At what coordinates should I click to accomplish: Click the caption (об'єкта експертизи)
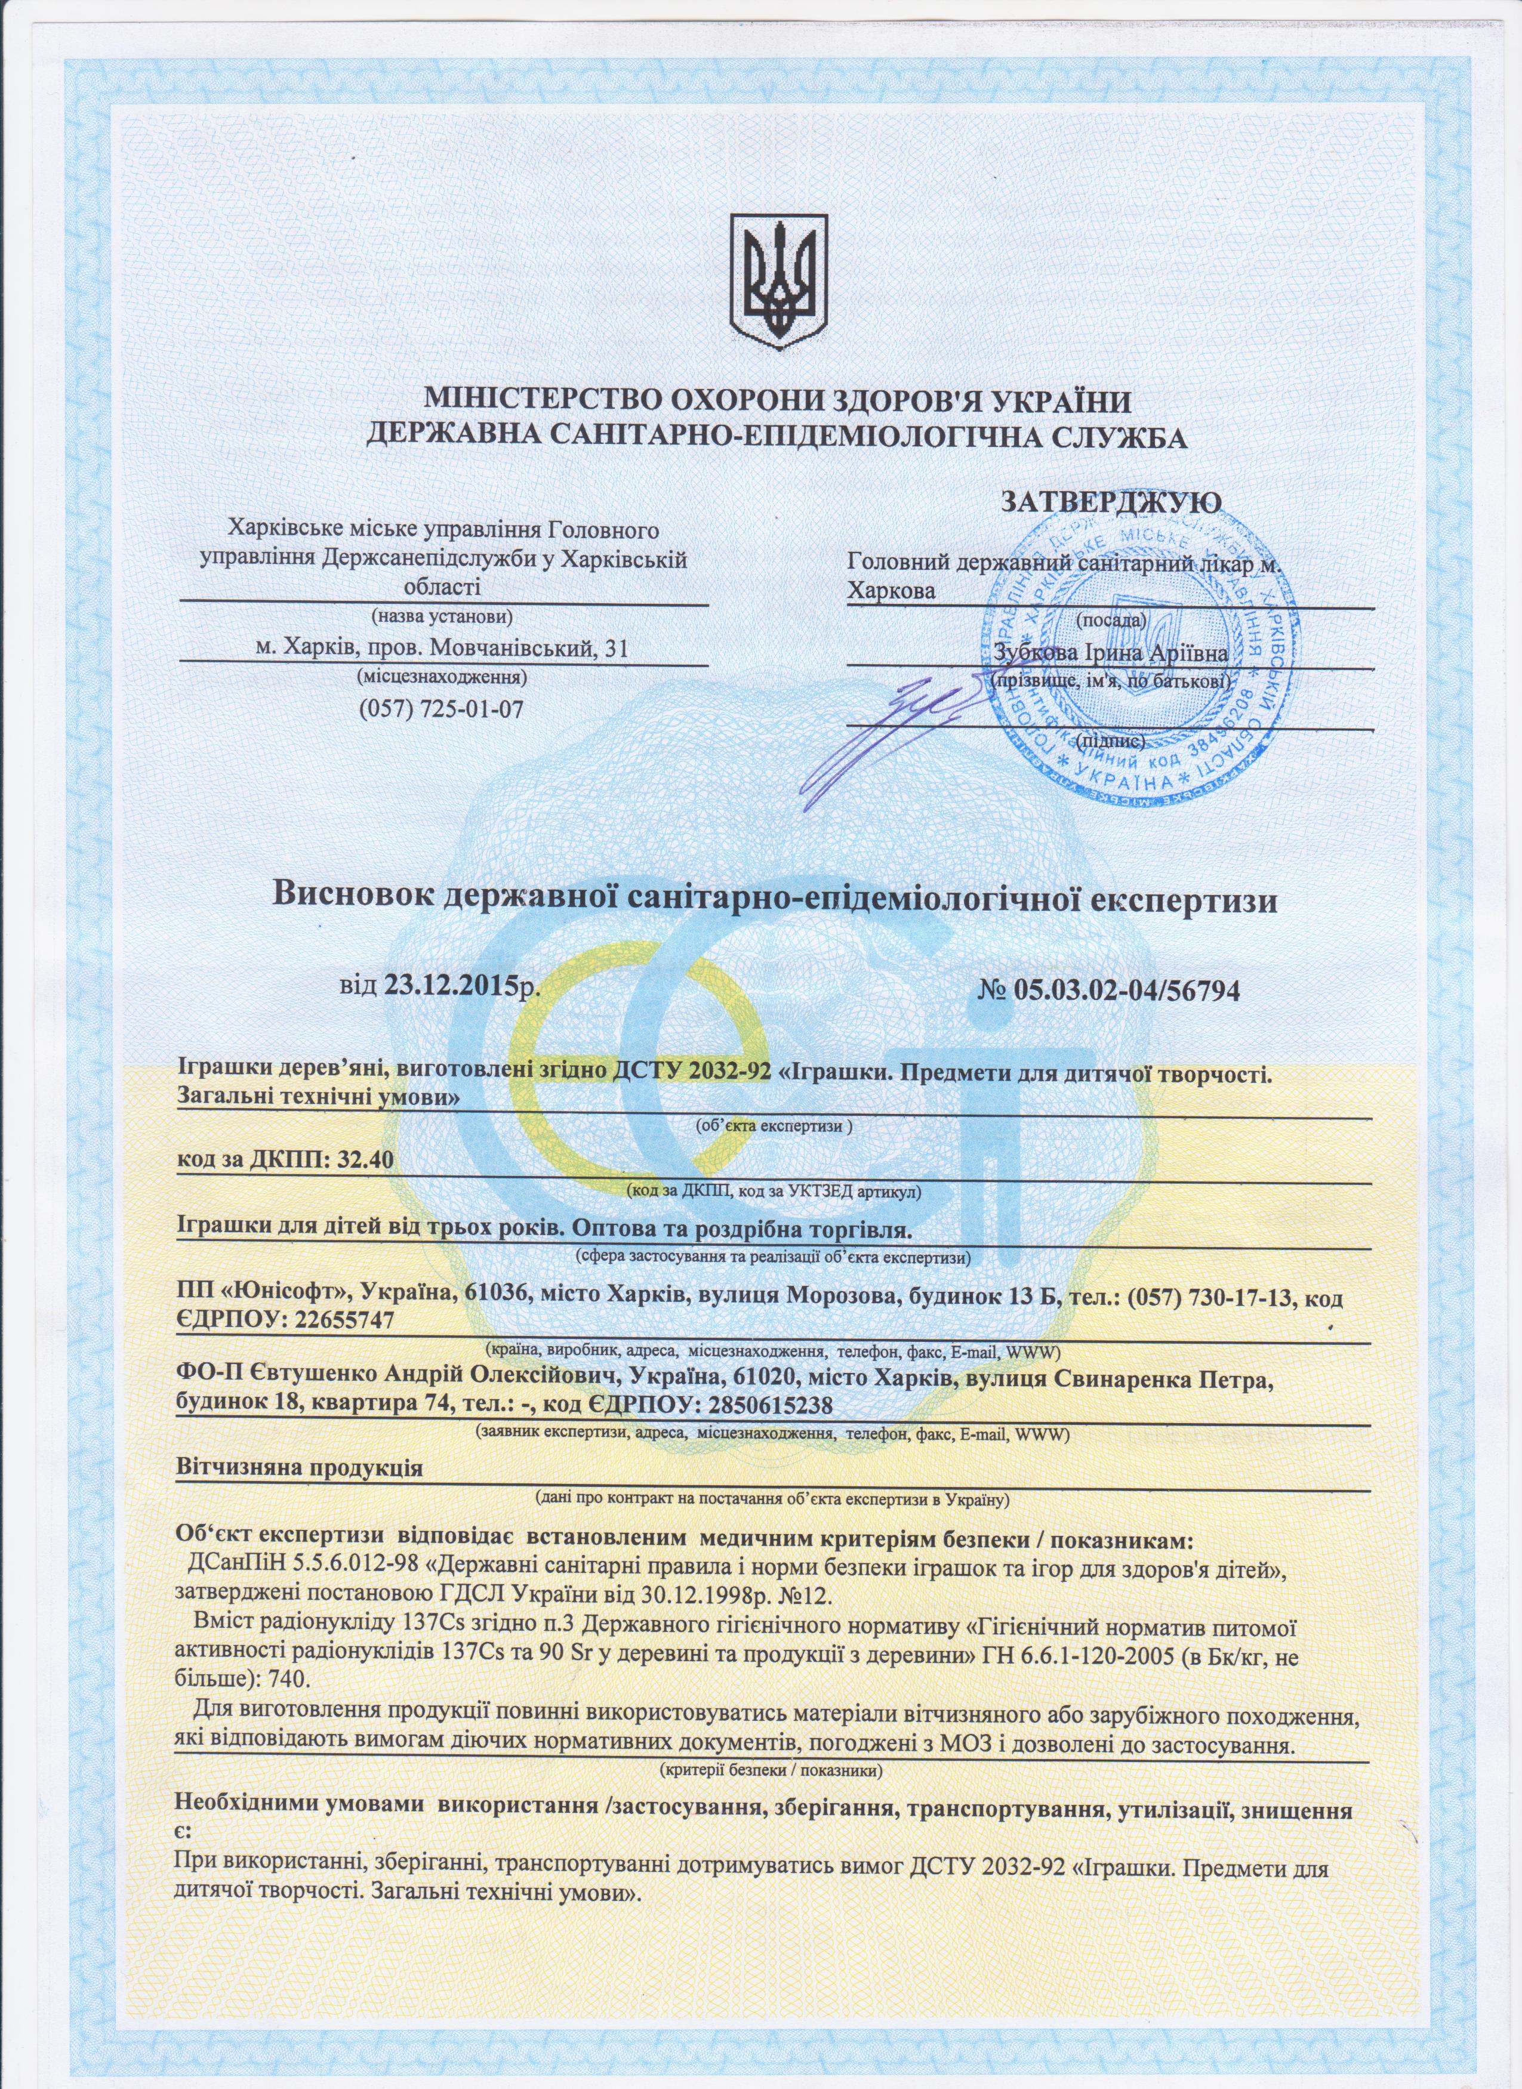[x=773, y=1125]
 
